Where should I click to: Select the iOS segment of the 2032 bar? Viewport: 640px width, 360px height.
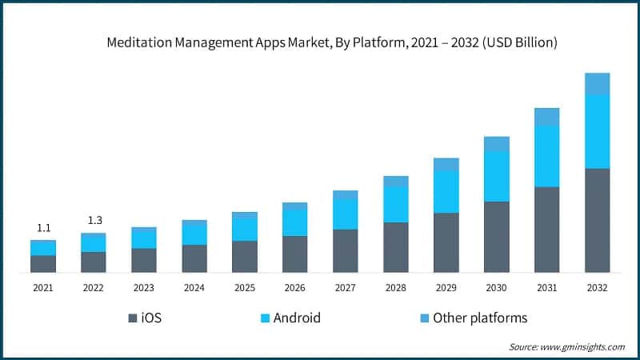tap(597, 220)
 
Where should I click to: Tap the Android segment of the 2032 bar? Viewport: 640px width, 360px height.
tap(597, 131)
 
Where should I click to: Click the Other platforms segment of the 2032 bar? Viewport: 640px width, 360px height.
tap(597, 83)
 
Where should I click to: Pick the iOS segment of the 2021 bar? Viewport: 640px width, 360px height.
tap(43, 264)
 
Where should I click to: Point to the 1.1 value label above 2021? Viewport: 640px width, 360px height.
tap(43, 228)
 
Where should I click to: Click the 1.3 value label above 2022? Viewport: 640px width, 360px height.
tap(94, 220)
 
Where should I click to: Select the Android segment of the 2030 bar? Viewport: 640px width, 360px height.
tap(496, 176)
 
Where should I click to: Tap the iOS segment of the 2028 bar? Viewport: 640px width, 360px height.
tap(395, 247)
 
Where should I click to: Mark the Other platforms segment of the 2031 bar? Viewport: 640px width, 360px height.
tap(546, 117)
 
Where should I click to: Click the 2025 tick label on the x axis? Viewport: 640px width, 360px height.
tap(245, 288)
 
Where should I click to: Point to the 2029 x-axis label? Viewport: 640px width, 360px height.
tap(446, 288)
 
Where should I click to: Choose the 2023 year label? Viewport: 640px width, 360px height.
tap(144, 288)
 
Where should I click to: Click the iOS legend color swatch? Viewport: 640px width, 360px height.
tap(132, 318)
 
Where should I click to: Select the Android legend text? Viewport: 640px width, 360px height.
tap(297, 318)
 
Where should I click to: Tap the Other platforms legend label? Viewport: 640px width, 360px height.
tap(480, 318)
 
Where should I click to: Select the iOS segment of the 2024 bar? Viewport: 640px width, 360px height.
tap(194, 258)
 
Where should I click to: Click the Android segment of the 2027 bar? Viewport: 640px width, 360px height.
tap(345, 214)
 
